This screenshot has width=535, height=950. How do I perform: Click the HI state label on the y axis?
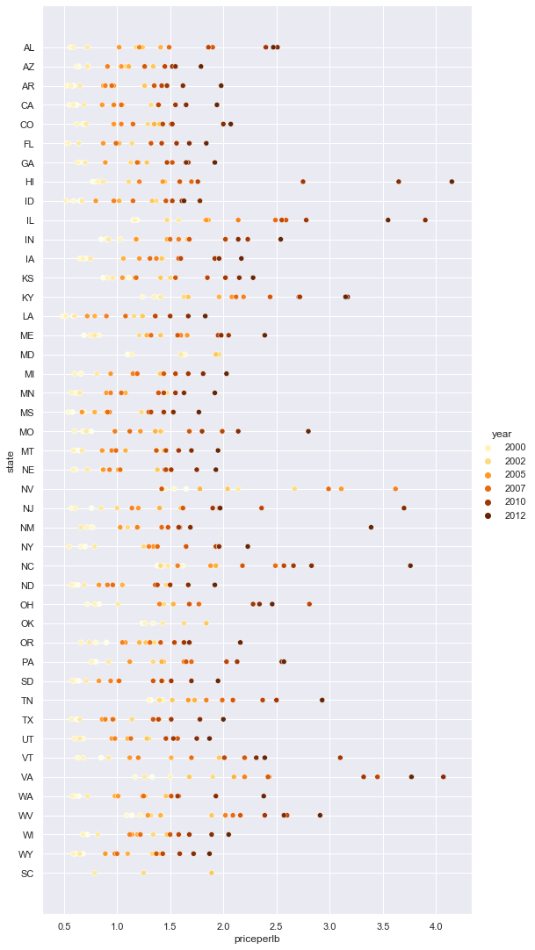(x=29, y=182)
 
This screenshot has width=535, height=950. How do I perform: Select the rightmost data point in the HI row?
(x=452, y=182)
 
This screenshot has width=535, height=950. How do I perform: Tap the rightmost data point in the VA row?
(x=443, y=777)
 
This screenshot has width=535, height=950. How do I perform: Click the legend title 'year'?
(x=502, y=434)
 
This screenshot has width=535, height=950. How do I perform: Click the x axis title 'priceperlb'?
(x=257, y=939)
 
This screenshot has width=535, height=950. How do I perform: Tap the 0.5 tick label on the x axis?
(x=64, y=925)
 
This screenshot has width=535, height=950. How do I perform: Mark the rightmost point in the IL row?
(x=425, y=220)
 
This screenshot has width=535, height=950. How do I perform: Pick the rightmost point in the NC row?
(x=410, y=566)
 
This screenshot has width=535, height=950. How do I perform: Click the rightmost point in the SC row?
(x=212, y=874)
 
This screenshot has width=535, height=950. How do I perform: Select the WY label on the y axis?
(x=28, y=854)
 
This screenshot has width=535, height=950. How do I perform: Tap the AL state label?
(x=29, y=47)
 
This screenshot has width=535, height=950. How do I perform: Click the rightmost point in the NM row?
(x=371, y=528)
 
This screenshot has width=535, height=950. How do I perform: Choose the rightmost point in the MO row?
(x=308, y=431)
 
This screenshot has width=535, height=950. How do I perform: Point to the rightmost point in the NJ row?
(x=404, y=508)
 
